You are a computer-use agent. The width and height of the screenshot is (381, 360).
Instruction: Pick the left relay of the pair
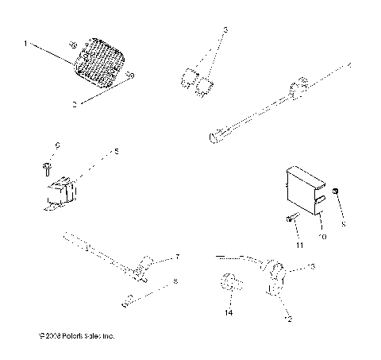[x=189, y=77]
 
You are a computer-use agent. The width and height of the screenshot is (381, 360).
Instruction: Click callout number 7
[x=177, y=257]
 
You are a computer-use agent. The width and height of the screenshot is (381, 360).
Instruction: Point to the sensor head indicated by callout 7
[x=147, y=265]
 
